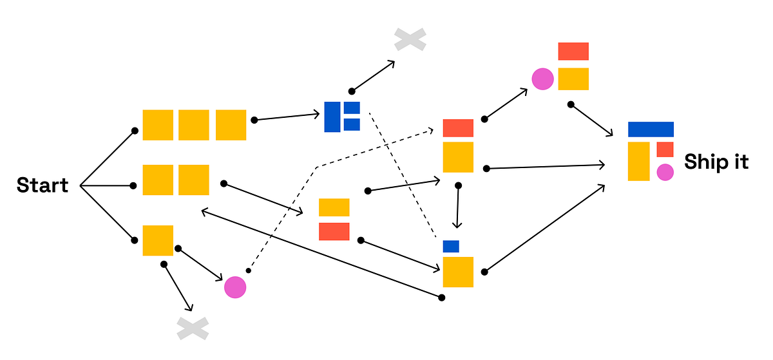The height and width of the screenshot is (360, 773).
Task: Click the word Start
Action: tap(43, 185)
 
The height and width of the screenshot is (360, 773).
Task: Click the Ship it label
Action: tap(716, 162)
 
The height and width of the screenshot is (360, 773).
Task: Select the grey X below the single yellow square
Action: tap(193, 328)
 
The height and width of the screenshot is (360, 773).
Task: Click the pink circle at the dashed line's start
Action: tap(235, 287)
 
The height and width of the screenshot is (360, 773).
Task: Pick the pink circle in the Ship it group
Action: tap(665, 172)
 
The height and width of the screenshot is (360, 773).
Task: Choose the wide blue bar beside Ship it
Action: tap(651, 129)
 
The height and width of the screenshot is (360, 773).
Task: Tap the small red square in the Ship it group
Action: tap(665, 149)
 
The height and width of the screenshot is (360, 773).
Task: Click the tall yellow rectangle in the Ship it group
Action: tap(638, 161)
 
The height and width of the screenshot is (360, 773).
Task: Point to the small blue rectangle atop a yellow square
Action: tap(451, 246)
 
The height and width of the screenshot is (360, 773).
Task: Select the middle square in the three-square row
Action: tap(193, 125)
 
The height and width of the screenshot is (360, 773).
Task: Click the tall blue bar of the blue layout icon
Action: tap(332, 117)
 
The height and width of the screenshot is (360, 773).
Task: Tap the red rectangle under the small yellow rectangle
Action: tap(334, 231)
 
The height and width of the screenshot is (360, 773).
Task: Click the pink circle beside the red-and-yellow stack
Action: tap(542, 79)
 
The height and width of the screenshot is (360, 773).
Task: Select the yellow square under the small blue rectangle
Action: tap(458, 272)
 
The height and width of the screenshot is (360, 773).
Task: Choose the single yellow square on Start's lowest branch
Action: tap(158, 240)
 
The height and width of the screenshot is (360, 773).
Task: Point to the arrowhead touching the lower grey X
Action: tap(189, 308)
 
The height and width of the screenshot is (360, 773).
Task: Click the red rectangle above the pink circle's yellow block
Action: tap(573, 52)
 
